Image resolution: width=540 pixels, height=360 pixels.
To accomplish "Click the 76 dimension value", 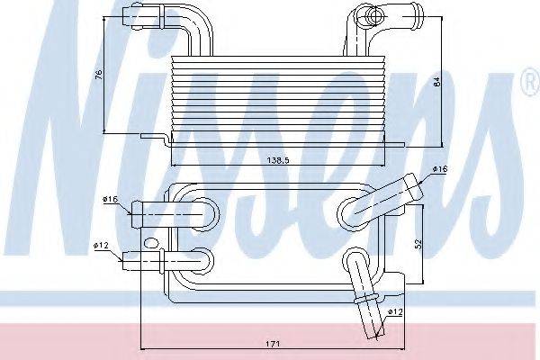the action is (x=99, y=75).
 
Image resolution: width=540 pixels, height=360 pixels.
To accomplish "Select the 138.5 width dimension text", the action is (x=278, y=160).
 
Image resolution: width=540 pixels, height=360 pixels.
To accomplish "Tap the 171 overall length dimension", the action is (x=273, y=344).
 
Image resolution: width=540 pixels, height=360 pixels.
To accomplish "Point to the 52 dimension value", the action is (x=418, y=244).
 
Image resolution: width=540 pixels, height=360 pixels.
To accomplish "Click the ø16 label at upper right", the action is (x=440, y=169).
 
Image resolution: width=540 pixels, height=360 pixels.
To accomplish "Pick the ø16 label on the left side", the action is (x=110, y=199).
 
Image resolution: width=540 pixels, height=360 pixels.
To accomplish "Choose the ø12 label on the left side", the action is (x=101, y=246).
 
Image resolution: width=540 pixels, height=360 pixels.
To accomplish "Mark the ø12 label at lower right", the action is (x=395, y=312).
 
